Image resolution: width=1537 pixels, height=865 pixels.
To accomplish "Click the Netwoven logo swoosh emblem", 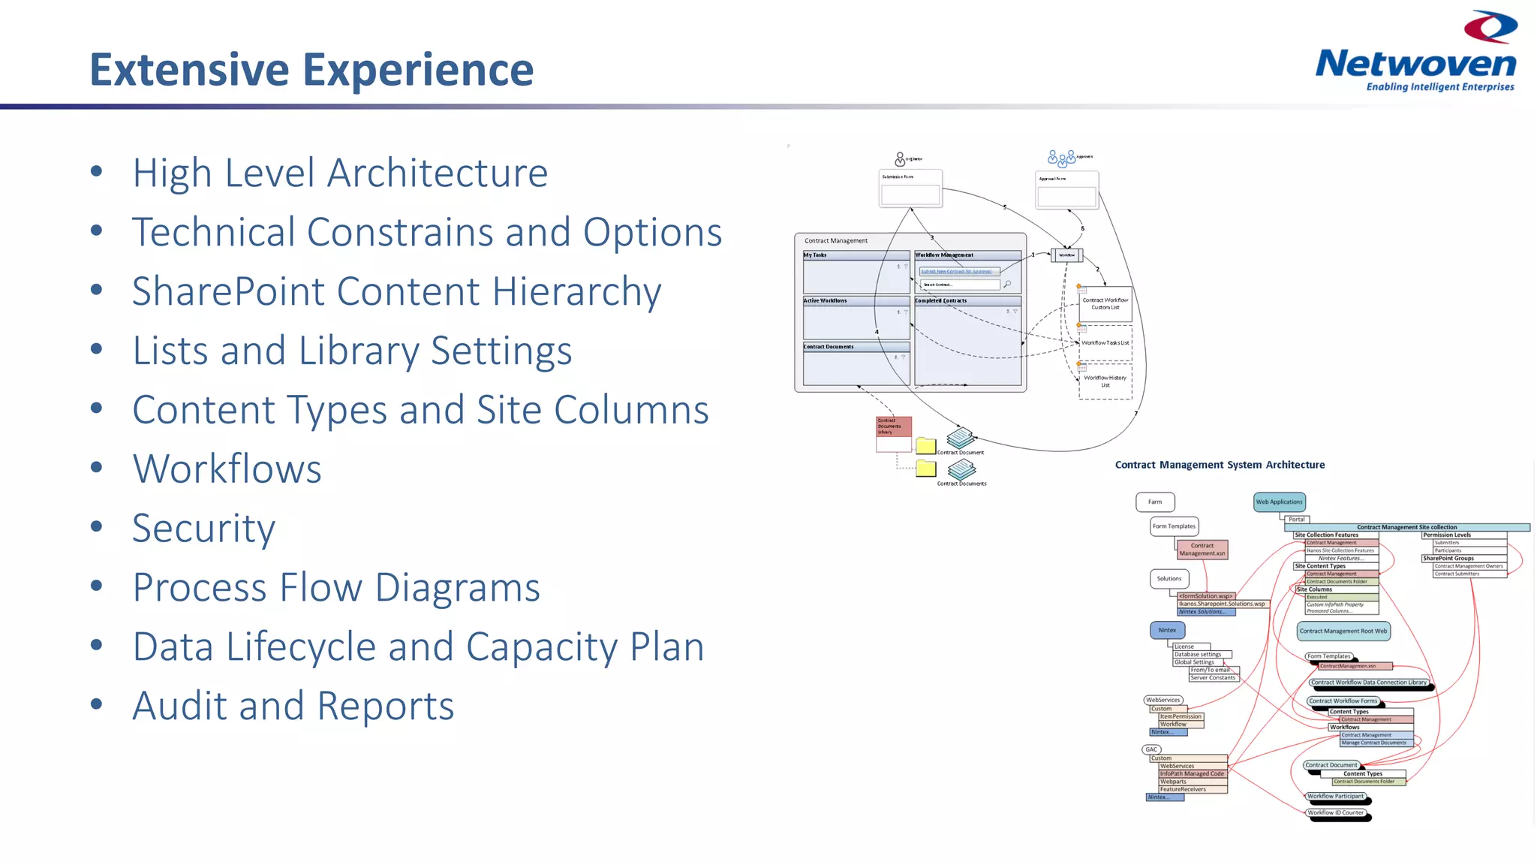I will (x=1490, y=27).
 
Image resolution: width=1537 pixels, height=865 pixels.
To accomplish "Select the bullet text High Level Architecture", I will (x=340, y=173).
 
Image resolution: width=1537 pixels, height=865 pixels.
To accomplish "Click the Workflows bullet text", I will (x=227, y=469).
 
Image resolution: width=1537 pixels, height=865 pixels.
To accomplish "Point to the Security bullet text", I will (x=204, y=529).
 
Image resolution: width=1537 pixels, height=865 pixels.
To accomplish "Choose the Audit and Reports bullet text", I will (x=293, y=706).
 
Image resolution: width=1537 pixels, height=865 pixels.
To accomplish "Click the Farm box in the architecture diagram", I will (x=1155, y=502).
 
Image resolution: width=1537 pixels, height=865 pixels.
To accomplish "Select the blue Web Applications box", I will (x=1280, y=502).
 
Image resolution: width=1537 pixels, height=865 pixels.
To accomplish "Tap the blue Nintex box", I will (x=1167, y=630).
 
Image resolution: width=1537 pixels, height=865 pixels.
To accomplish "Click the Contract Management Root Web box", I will (x=1343, y=631).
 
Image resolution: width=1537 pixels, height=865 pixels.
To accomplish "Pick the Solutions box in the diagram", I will (x=1169, y=579).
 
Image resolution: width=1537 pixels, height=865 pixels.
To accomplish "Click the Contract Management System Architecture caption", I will (x=1220, y=465).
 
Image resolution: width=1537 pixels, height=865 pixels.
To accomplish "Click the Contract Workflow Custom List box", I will (x=1105, y=303).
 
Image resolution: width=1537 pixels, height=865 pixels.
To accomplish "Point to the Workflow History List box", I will (x=1105, y=381).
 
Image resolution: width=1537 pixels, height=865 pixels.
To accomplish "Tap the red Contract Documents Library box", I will (x=893, y=426).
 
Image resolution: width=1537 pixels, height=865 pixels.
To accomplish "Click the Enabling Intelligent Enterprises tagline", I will (x=1439, y=87).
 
